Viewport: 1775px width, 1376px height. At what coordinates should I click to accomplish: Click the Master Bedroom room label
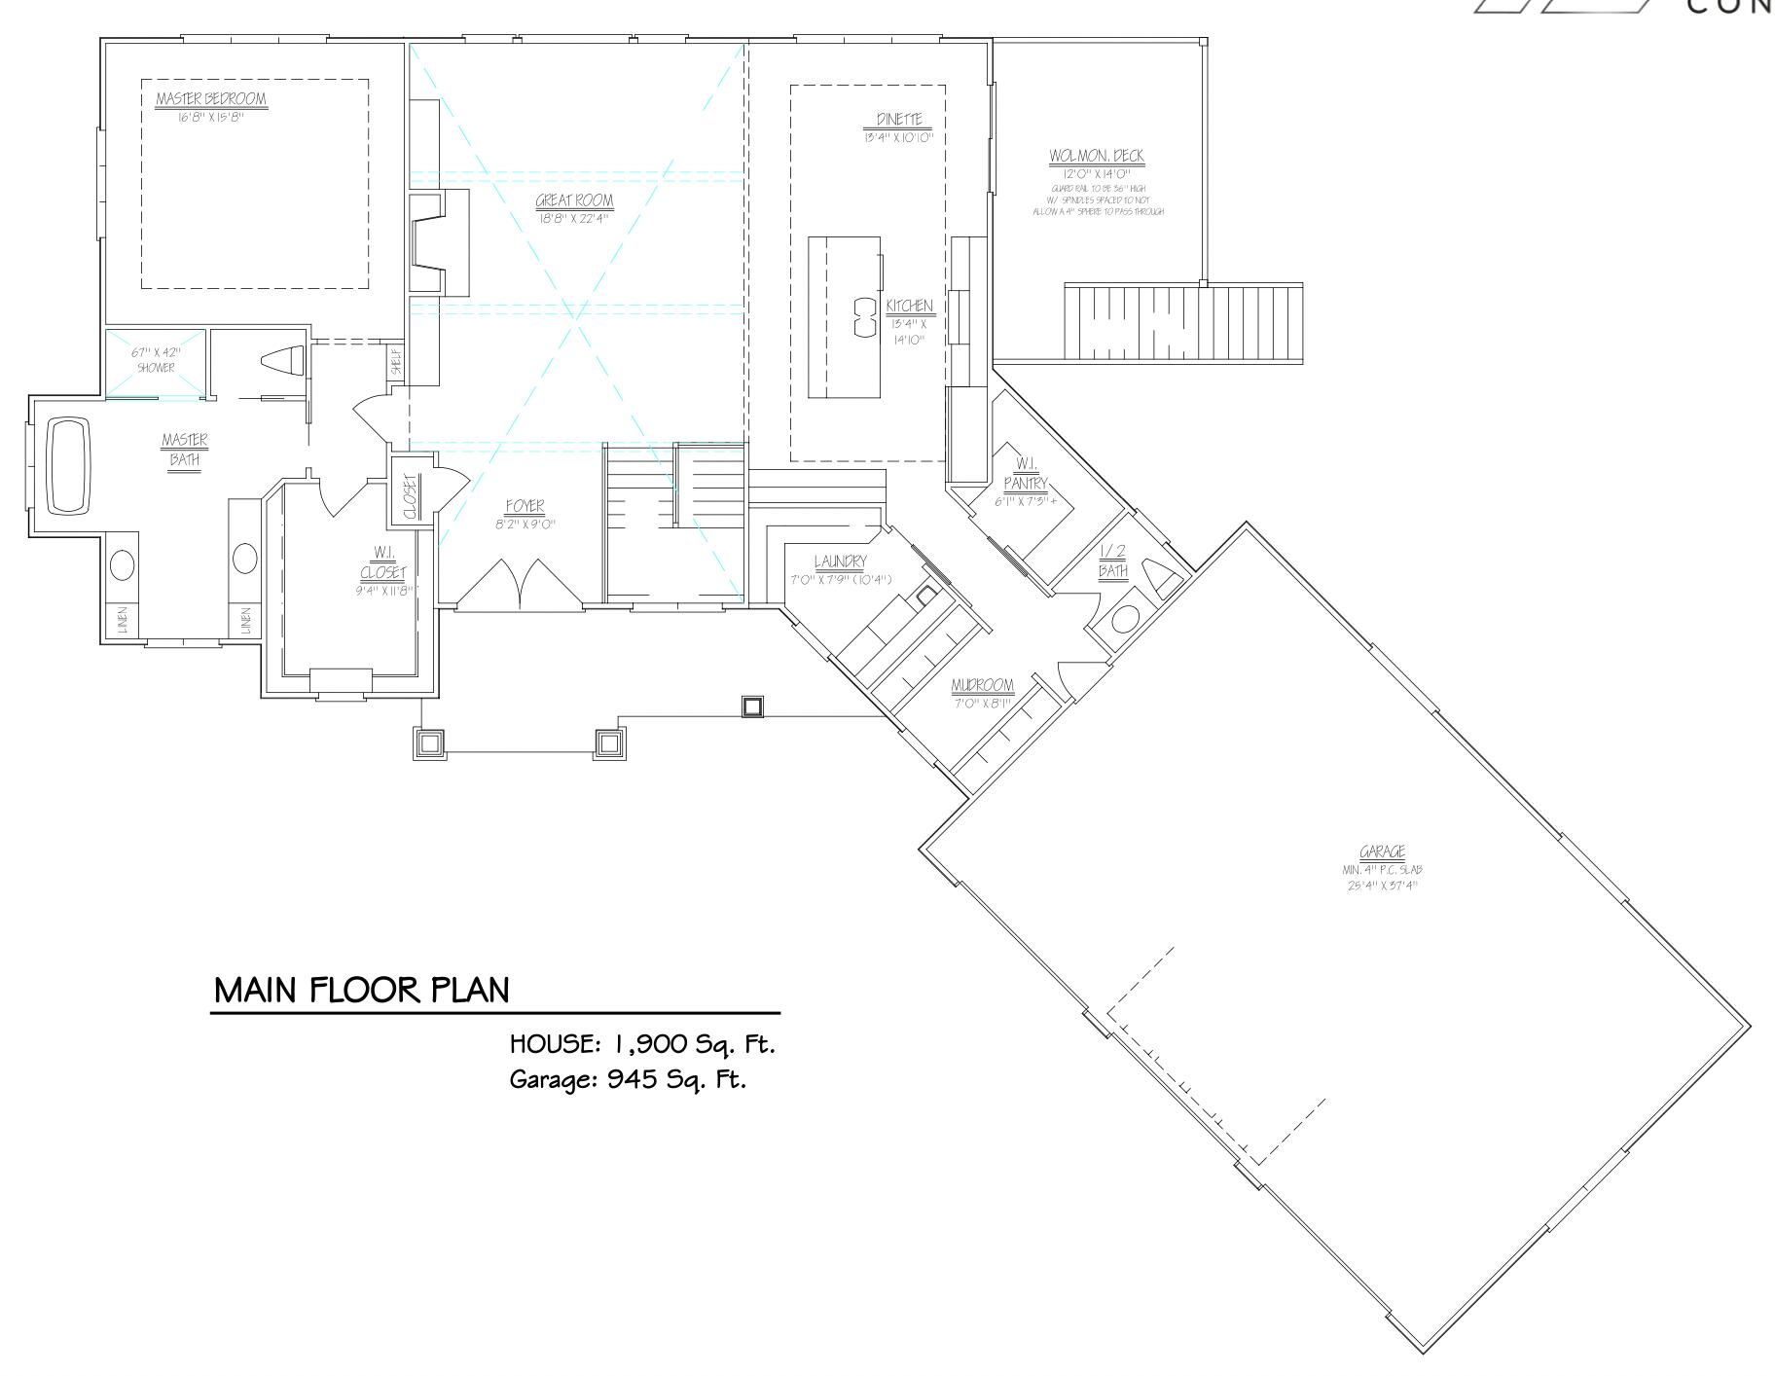pyautogui.click(x=211, y=99)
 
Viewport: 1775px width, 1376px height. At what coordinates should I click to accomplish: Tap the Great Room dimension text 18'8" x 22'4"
pyautogui.click(x=574, y=219)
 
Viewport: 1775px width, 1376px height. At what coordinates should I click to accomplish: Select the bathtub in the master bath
pyautogui.click(x=67, y=465)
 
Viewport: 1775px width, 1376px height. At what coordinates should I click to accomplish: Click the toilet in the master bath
pyautogui.click(x=284, y=360)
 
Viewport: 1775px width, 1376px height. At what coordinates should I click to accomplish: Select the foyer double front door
pyautogui.click(x=521, y=586)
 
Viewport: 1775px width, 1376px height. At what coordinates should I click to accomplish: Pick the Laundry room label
pyautogui.click(x=840, y=561)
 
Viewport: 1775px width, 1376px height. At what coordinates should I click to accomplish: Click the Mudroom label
pyautogui.click(x=982, y=686)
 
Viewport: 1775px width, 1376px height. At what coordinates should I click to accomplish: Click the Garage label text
pyautogui.click(x=1382, y=852)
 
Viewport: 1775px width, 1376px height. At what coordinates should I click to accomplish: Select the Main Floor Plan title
pyautogui.click(x=361, y=991)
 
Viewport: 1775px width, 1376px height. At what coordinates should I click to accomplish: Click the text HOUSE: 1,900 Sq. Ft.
pyautogui.click(x=642, y=1045)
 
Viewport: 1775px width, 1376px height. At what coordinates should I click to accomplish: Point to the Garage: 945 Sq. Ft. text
pyautogui.click(x=628, y=1079)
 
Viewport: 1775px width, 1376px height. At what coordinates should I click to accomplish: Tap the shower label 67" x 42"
pyautogui.click(x=156, y=352)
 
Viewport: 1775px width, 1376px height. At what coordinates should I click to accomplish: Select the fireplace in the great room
pyautogui.click(x=438, y=241)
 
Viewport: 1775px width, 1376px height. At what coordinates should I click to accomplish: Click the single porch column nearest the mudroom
pyautogui.click(x=752, y=706)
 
